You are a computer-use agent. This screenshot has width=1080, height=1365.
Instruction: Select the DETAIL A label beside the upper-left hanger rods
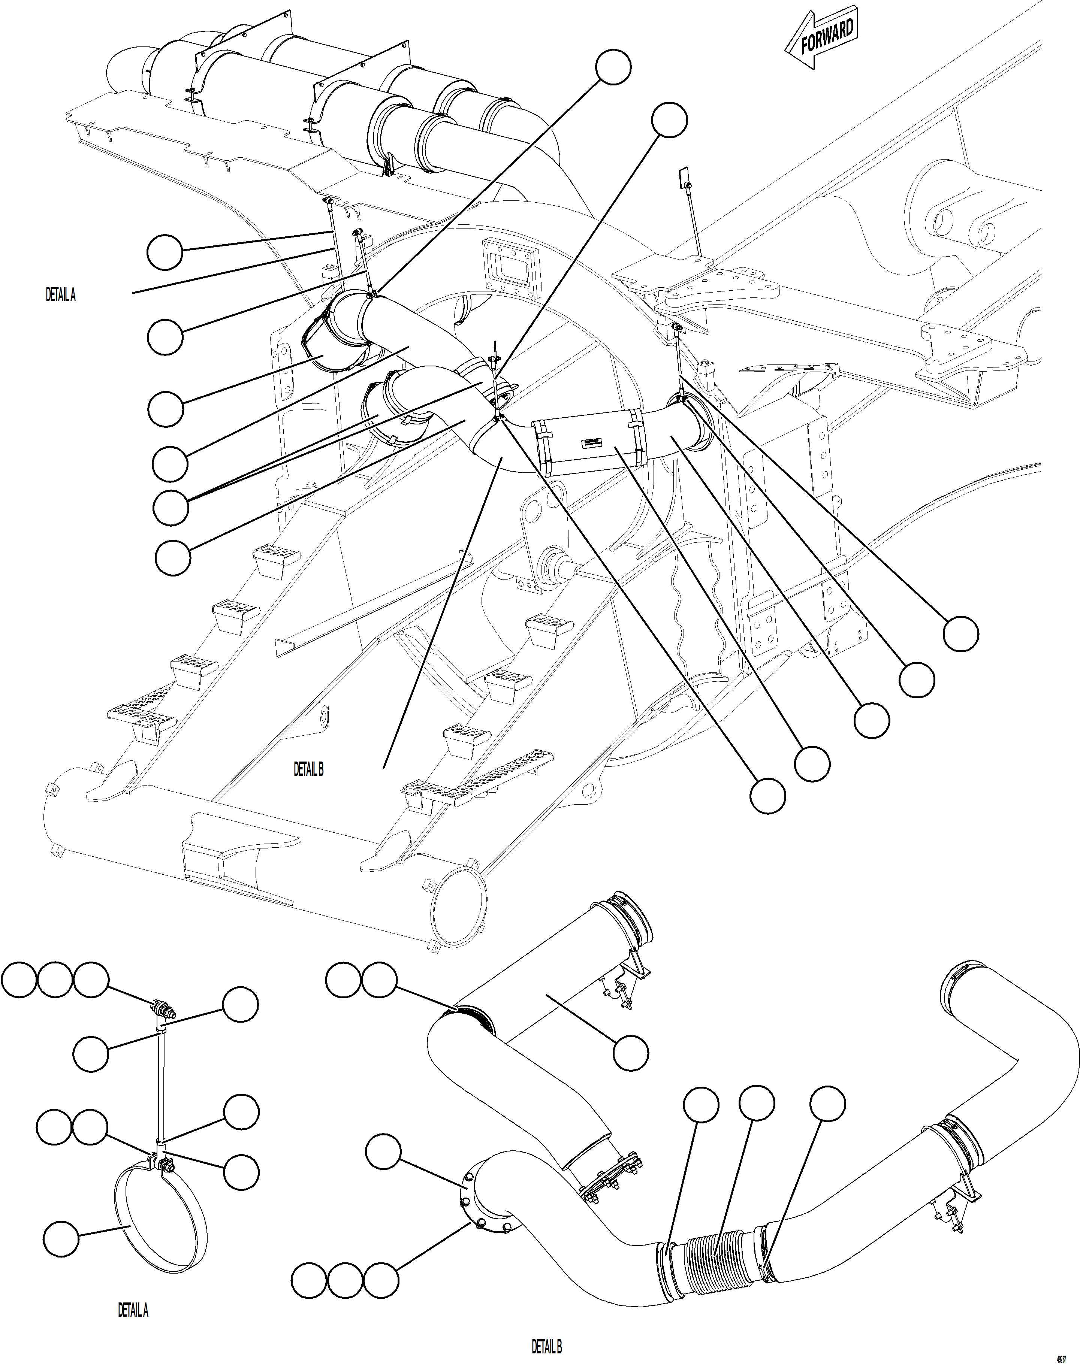click(61, 295)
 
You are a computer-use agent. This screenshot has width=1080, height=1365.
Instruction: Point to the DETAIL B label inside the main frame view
click(308, 769)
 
